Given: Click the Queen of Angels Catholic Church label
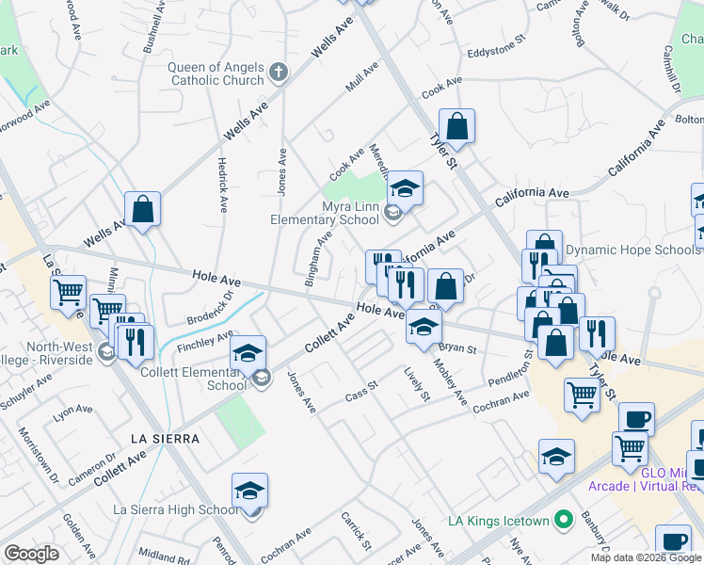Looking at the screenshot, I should pos(216,73).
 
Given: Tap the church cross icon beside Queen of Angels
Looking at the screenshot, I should pos(278,71).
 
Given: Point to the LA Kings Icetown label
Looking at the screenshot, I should pos(497,520).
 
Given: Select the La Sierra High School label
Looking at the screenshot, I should pos(176,509).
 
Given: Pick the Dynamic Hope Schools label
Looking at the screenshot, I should pos(632,250).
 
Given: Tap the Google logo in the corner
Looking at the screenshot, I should pos(31,554).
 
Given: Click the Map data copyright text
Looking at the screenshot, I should pos(647,557).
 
